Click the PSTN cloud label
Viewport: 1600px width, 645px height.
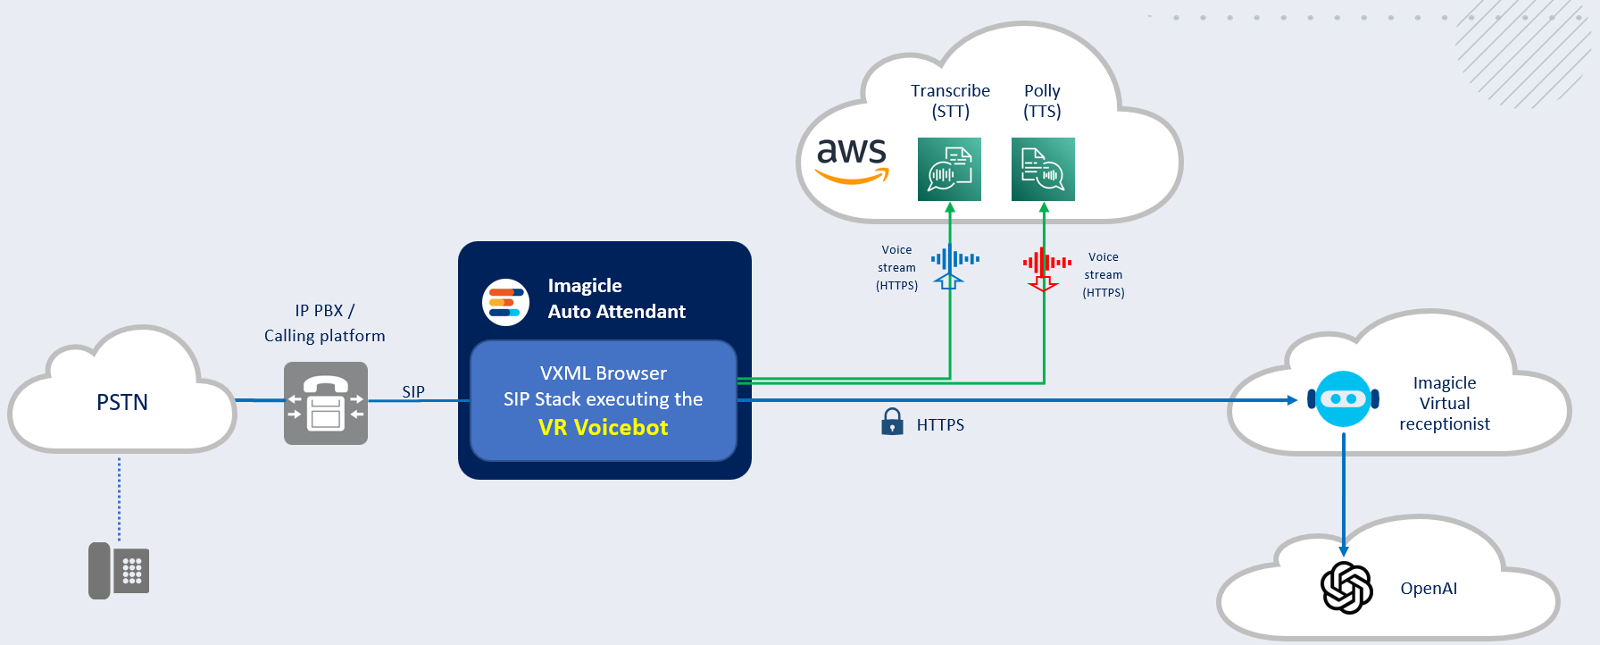[x=122, y=402]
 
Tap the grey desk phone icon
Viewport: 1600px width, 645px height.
[x=119, y=570]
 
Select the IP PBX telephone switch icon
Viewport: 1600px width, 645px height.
[x=326, y=403]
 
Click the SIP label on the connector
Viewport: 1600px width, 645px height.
[x=413, y=391]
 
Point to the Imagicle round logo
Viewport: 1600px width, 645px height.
[x=505, y=302]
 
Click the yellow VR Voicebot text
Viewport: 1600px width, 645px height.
[x=603, y=428]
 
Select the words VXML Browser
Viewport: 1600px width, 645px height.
[x=603, y=373]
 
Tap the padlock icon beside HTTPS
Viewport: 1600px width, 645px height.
[x=892, y=422]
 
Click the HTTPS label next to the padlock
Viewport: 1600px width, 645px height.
[x=940, y=425]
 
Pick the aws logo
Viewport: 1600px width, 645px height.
[x=852, y=159]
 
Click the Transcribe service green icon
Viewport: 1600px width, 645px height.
[x=949, y=169]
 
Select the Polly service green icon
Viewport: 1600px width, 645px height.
[x=1043, y=169]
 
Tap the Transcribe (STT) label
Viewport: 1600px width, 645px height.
[x=950, y=101]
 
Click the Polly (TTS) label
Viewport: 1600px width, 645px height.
[x=1042, y=101]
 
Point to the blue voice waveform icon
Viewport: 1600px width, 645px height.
[x=954, y=259]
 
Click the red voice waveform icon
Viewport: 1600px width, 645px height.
[x=1046, y=263]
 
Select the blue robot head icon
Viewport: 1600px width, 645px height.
[x=1343, y=398]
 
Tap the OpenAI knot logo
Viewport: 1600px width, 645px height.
[x=1346, y=588]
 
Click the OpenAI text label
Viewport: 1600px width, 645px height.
[x=1429, y=589]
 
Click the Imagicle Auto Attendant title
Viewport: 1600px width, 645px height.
[x=616, y=298]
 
